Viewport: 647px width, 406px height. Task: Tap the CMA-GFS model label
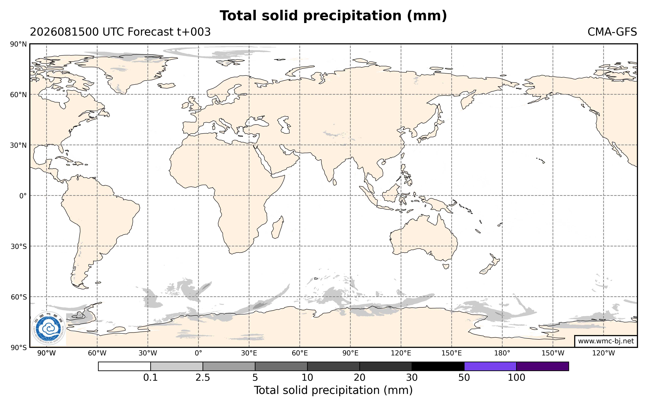coord(612,32)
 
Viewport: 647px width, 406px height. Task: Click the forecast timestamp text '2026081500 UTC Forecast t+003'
coord(120,32)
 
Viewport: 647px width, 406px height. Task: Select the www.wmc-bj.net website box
coord(606,341)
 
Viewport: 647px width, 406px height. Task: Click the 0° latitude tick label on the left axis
coord(23,196)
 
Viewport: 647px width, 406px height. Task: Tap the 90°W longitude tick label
coord(47,353)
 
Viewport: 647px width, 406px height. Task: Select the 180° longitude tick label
coord(502,353)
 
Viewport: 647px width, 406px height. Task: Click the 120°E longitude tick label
coord(401,353)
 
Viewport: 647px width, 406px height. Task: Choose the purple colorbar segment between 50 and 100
coord(490,366)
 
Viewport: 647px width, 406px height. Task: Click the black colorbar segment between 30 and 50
coord(438,366)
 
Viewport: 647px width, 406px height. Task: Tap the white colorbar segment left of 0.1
coord(124,366)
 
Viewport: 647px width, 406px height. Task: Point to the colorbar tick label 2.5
coord(203,378)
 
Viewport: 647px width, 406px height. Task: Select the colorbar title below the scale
coord(333,390)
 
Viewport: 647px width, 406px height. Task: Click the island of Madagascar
coord(278,227)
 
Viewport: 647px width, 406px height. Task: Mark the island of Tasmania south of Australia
coord(446,266)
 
